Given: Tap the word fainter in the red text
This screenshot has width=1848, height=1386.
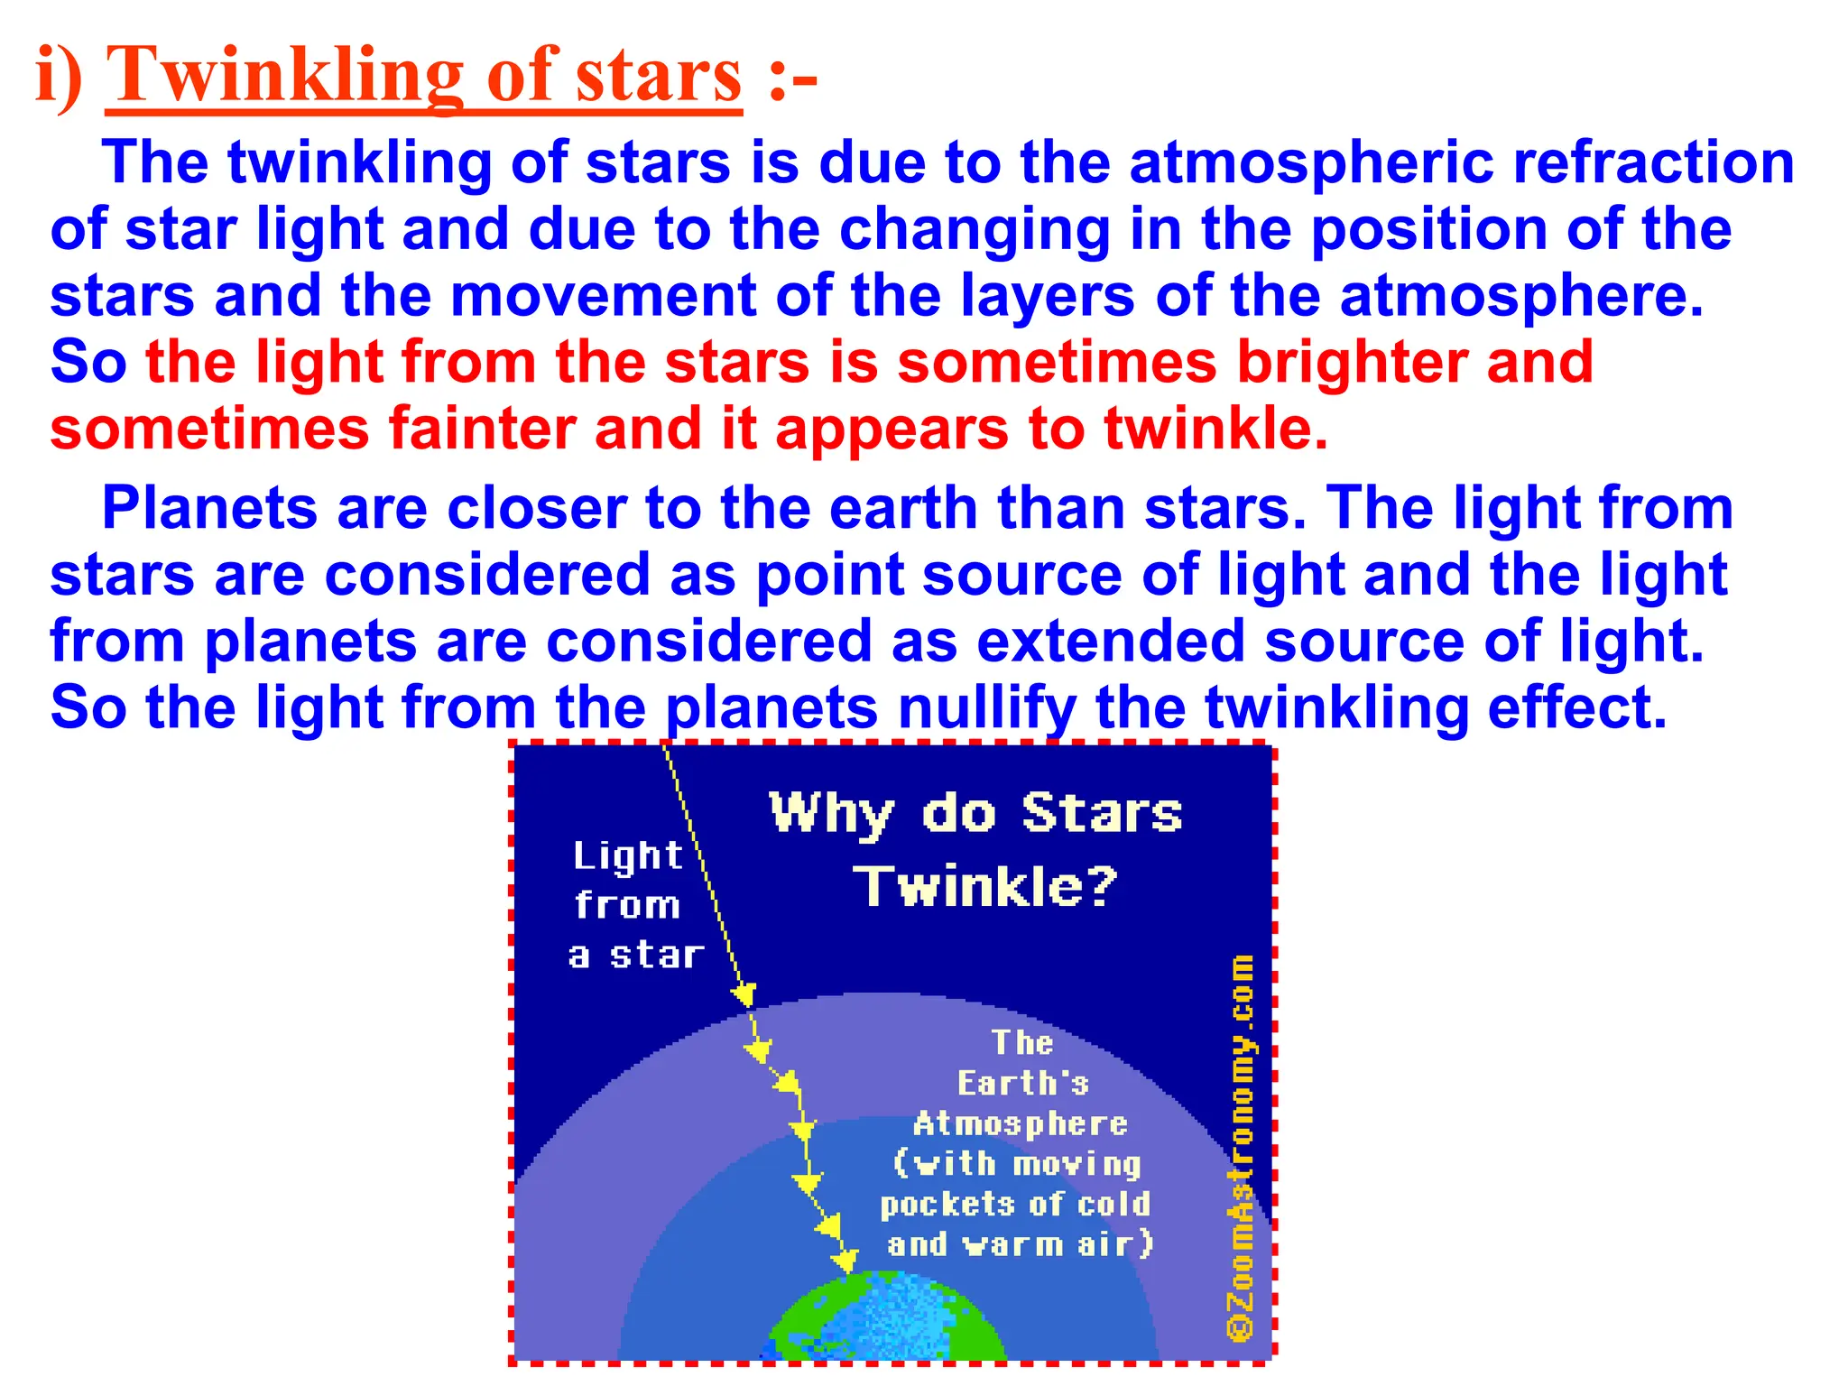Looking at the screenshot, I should pos(482,429).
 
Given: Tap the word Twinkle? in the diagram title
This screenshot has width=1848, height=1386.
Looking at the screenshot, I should pos(985,886).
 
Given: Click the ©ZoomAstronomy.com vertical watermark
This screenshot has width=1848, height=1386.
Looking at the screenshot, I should pos(1242,1146).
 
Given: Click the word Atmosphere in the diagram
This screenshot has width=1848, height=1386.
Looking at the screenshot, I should pos(1021,1124).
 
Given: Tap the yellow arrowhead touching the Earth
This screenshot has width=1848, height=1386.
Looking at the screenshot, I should pos(845,1259).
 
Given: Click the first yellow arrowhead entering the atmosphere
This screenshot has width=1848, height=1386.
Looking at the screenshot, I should pos(744,994).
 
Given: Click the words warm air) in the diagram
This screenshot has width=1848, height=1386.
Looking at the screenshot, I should pos(1059,1245).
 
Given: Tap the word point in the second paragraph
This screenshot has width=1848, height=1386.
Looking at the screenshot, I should pos(830,576).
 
